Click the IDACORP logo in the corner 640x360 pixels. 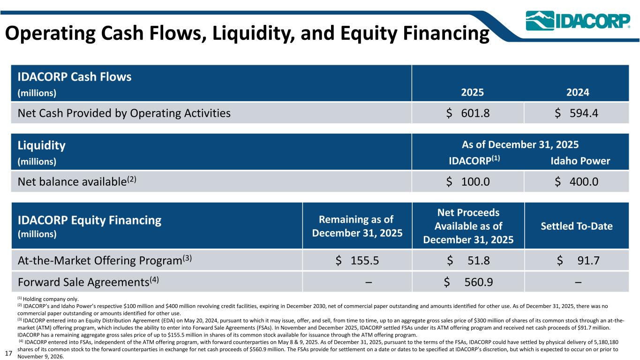point(578,21)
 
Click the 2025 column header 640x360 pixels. point(473,92)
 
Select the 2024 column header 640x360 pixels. point(577,92)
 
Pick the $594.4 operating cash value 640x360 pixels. point(577,113)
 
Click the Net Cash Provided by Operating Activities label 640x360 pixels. point(124,113)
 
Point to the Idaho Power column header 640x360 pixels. point(580,161)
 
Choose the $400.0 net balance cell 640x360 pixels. point(577,181)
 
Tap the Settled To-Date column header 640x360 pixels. point(577,226)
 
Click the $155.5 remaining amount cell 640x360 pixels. point(357,260)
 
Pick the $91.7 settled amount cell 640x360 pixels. point(578,260)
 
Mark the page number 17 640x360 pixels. point(8,351)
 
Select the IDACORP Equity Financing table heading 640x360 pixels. point(89,220)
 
